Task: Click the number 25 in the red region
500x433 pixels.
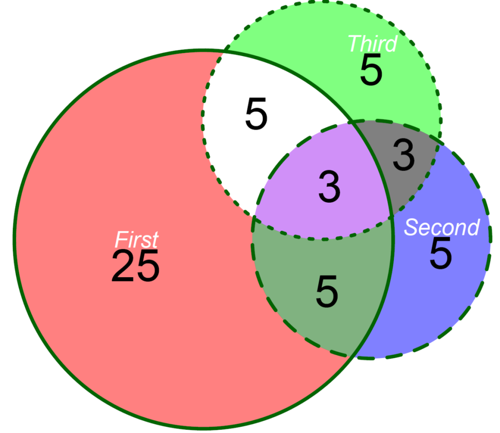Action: (x=135, y=266)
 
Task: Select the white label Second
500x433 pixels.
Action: (x=442, y=227)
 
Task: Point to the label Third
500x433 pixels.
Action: (x=372, y=43)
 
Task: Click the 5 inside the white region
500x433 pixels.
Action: (x=256, y=114)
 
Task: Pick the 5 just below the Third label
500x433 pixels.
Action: (x=371, y=71)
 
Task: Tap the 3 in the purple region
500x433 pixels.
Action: (x=330, y=187)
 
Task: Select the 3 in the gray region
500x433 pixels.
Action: (x=404, y=155)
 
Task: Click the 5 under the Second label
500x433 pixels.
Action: (x=440, y=254)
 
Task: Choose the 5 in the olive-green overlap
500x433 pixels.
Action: (x=327, y=291)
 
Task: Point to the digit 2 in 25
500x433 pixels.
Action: (x=123, y=266)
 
